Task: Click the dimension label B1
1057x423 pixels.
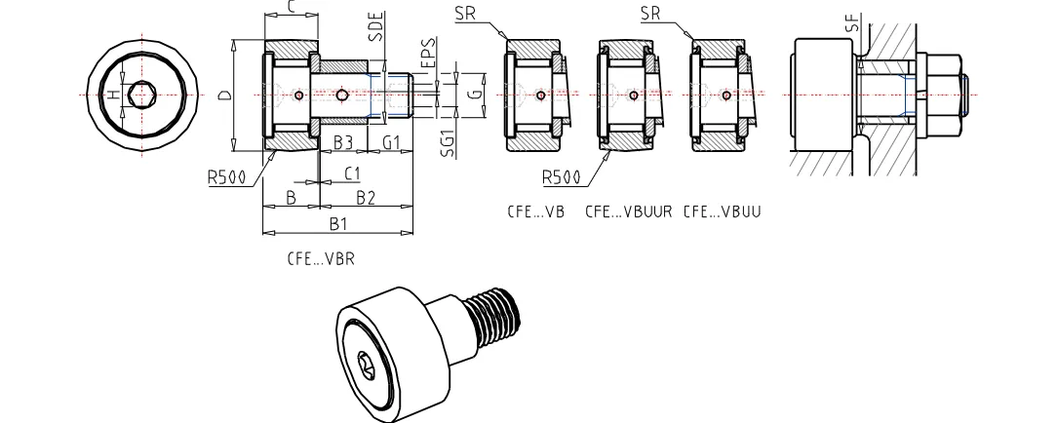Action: [337, 223]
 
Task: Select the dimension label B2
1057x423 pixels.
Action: [366, 197]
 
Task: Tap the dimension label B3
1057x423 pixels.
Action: [344, 142]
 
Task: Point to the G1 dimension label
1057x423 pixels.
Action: [392, 142]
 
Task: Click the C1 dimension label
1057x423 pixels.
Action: [353, 173]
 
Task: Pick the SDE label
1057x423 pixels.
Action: [376, 27]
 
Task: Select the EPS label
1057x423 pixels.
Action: [427, 54]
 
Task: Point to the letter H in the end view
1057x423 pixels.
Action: [115, 95]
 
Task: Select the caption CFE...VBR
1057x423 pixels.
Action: [321, 259]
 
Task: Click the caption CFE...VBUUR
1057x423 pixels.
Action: [628, 211]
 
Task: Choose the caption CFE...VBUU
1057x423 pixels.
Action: [722, 211]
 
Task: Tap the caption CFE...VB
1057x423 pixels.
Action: [535, 211]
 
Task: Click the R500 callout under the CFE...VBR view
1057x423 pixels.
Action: [226, 177]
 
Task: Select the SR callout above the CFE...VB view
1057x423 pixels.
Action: [464, 13]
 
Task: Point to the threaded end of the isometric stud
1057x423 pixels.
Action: [495, 314]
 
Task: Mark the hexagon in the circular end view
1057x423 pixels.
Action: [141, 95]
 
